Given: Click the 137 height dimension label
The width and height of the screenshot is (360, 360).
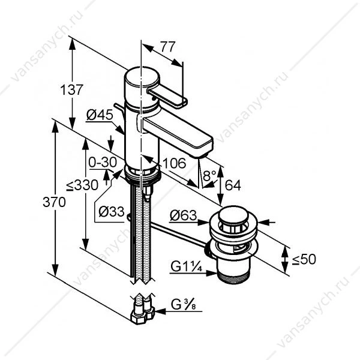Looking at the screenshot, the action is tap(71, 90).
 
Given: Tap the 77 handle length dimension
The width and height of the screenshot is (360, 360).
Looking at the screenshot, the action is tap(168, 47).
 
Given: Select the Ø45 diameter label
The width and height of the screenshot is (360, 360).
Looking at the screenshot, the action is tap(100, 115).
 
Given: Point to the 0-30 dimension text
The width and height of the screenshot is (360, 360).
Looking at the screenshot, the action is tap(103, 163).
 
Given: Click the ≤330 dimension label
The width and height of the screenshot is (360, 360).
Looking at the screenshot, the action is tap(82, 185).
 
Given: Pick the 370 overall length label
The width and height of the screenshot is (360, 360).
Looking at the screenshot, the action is tap(54, 202).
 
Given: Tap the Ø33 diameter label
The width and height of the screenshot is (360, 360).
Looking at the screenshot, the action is tap(112, 211).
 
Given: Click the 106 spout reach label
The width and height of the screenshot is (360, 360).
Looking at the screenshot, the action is tap(174, 163).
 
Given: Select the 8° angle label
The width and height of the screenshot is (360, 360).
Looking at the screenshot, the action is tap(210, 176).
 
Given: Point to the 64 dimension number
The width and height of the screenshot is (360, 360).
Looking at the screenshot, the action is tap(233, 185).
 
